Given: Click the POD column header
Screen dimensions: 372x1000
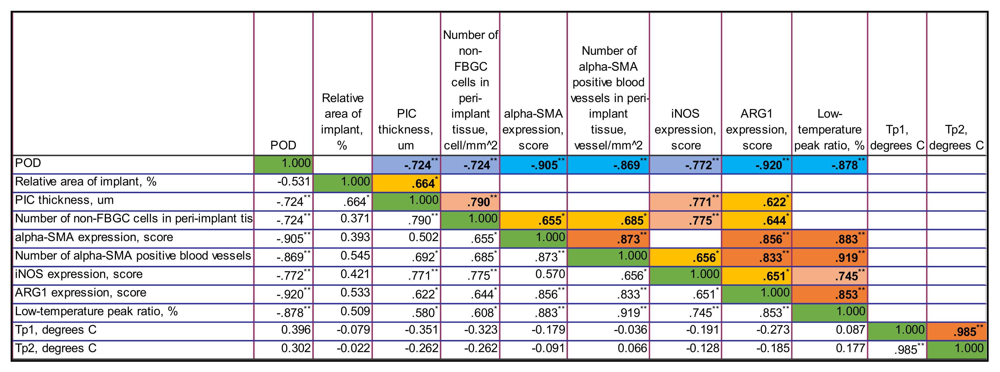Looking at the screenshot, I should pos(283,145).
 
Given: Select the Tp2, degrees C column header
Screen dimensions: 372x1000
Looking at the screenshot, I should pos(956,137).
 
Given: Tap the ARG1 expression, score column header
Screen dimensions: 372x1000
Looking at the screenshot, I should pos(756,129).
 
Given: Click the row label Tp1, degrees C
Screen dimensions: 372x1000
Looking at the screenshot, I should pos(56,330).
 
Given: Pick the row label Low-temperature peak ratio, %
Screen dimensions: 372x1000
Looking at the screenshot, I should pos(96,311).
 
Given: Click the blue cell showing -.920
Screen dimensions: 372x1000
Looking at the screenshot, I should pos(756,165).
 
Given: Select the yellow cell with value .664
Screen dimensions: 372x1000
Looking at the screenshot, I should pos(406,183).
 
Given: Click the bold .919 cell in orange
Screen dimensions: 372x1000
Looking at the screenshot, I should pos(829,257).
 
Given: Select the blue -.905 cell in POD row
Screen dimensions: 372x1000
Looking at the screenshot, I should pos(533,165).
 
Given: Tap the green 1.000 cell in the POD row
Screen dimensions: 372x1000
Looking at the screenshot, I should pos(283,163).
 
